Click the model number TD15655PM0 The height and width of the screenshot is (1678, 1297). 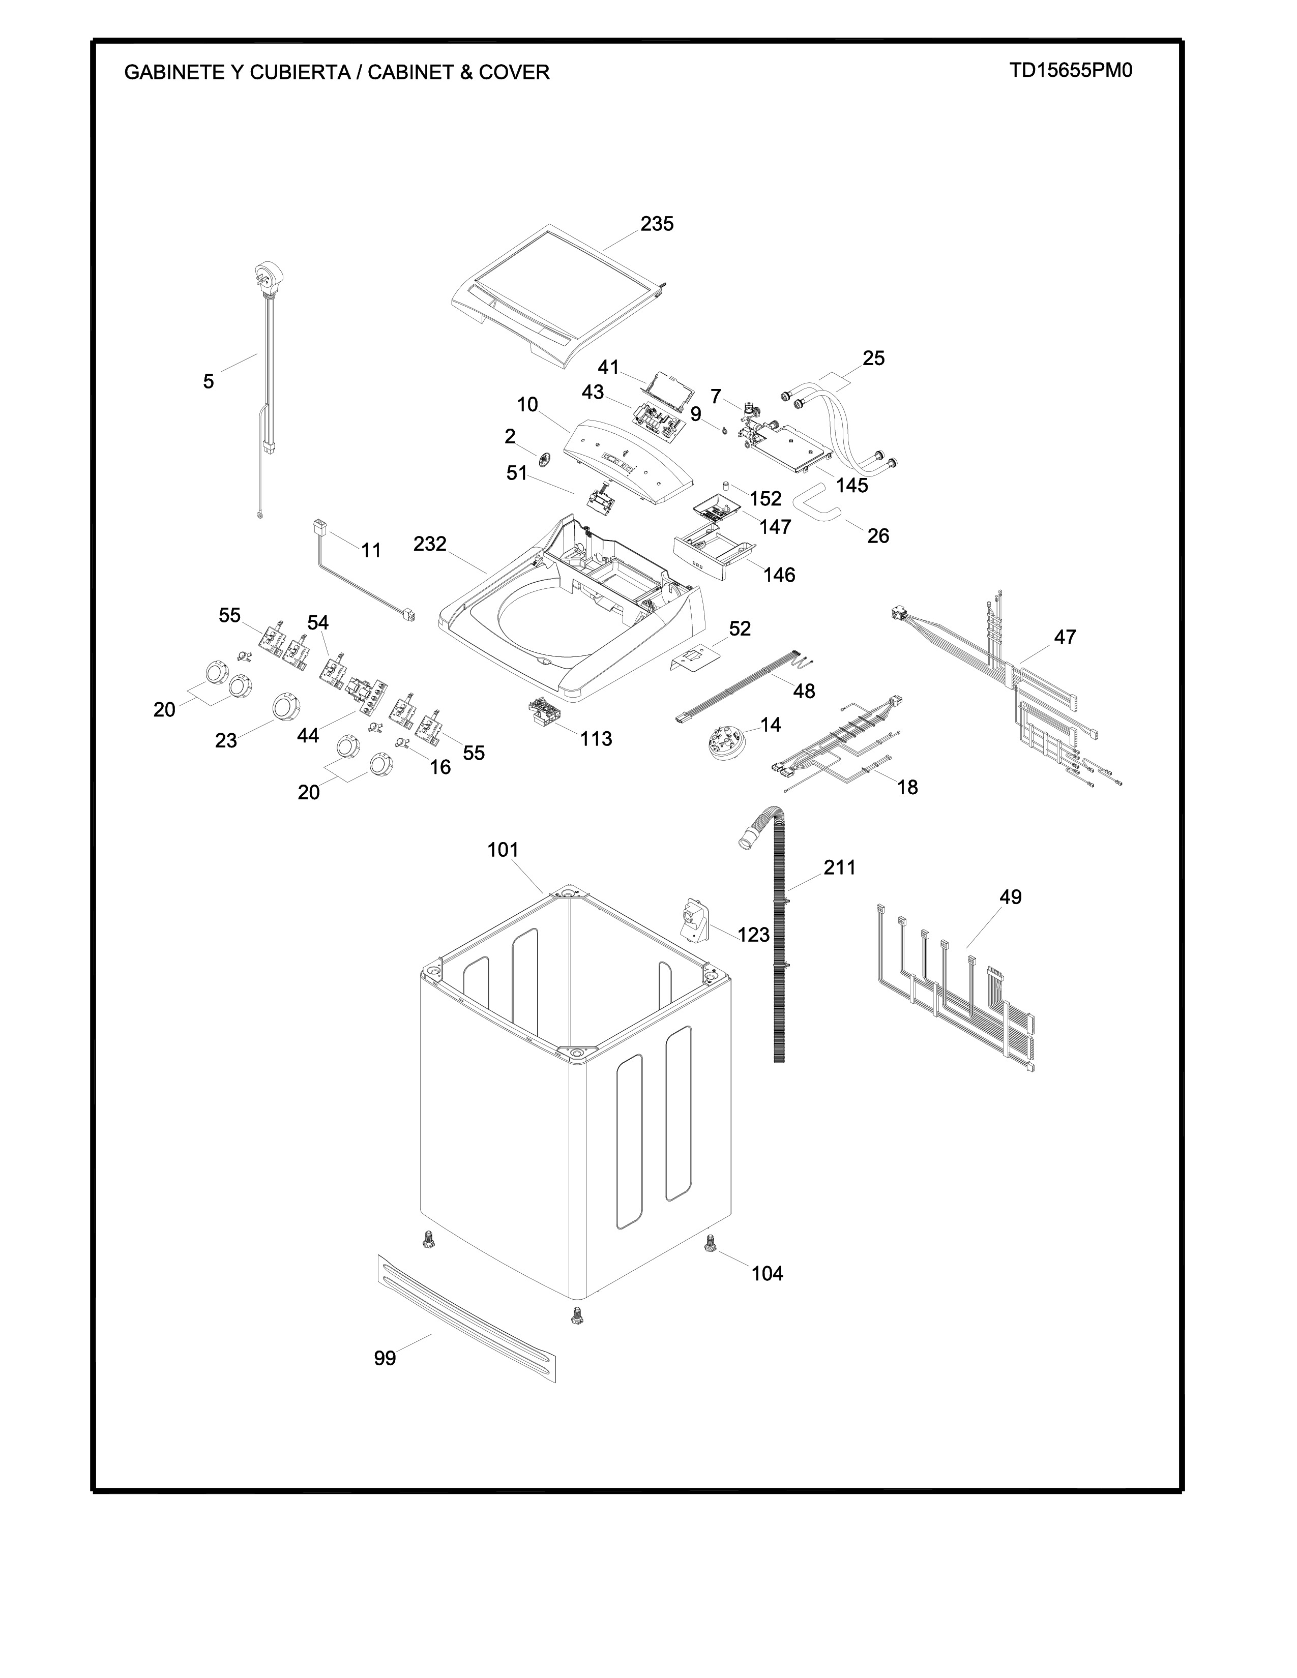pyautogui.click(x=1071, y=71)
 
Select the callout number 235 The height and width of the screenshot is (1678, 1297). pyautogui.click(x=657, y=224)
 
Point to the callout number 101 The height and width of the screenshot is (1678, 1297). pyautogui.click(x=503, y=850)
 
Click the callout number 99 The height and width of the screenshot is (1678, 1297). pyautogui.click(x=385, y=1358)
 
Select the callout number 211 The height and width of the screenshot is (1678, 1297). pyautogui.click(x=839, y=867)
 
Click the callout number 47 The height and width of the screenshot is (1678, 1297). pyautogui.click(x=1065, y=637)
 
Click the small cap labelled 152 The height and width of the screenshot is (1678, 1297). pyautogui.click(x=725, y=486)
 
